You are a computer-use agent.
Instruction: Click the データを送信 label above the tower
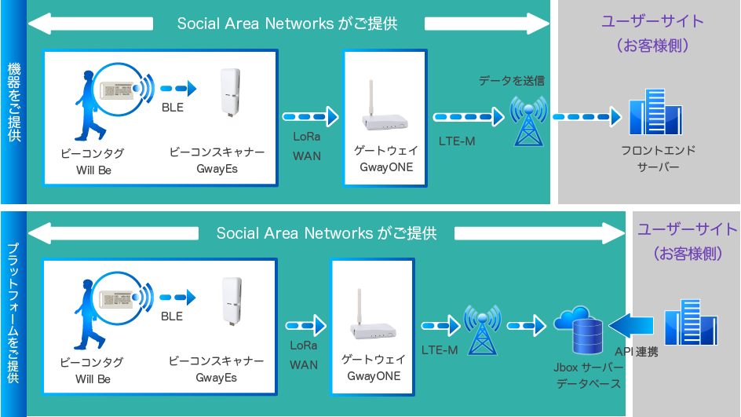(x=511, y=81)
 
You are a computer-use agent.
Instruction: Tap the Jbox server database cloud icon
(x=578, y=331)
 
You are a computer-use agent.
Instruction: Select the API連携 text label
(x=636, y=352)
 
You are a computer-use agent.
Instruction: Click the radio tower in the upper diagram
(x=527, y=121)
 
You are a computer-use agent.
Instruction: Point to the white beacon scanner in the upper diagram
(x=229, y=94)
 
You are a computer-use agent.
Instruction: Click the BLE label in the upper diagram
(x=173, y=107)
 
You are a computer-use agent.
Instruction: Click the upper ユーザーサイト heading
(x=652, y=21)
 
